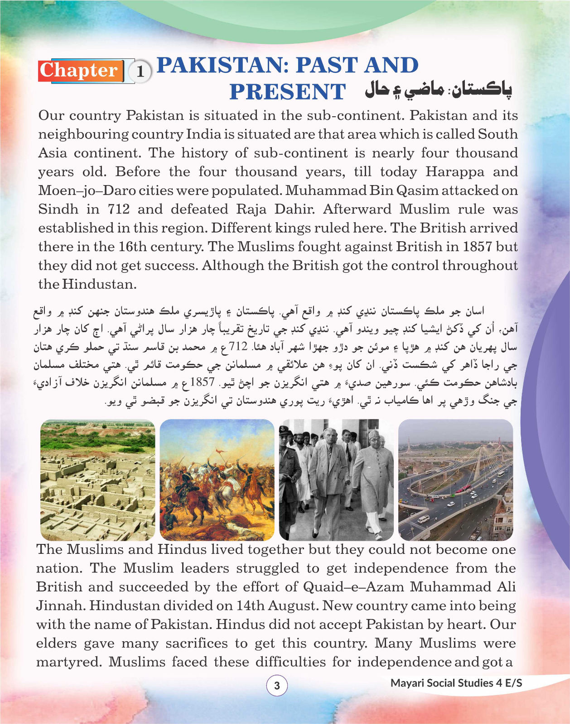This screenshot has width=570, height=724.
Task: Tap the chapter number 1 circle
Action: tap(140, 71)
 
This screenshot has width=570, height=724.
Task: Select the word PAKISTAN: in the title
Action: tap(223, 65)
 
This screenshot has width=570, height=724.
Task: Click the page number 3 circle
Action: tap(277, 686)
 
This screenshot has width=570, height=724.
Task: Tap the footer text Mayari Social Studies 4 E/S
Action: tap(456, 683)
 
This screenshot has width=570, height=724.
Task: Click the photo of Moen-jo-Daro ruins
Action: tap(97, 480)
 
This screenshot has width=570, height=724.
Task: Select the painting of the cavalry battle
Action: tap(217, 480)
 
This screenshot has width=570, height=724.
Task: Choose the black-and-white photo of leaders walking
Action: tap(336, 480)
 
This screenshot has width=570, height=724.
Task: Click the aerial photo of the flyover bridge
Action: tap(455, 480)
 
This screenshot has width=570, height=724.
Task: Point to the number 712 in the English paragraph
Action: tap(118, 209)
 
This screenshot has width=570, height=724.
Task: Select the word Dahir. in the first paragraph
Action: tap(295, 209)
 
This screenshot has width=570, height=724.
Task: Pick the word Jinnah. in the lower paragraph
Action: tap(60, 605)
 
